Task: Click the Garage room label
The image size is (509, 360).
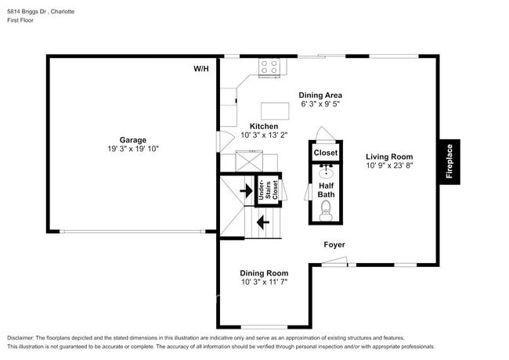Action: point(133,140)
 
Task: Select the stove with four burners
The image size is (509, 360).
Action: point(269,68)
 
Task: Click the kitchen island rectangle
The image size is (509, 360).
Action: point(274,109)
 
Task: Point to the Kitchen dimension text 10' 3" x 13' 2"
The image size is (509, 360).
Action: point(263,135)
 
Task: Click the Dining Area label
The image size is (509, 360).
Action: point(319,95)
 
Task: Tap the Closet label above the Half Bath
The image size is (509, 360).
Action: point(326,153)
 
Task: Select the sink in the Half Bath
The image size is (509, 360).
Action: point(326,171)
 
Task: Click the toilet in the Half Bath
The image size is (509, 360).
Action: point(326,208)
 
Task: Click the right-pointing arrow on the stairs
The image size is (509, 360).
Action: point(245,190)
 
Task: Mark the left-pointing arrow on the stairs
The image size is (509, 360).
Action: point(263,221)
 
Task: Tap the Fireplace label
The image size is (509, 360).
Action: point(449,162)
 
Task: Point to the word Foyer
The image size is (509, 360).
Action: point(334,245)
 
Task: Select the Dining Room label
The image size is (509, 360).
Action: point(263,273)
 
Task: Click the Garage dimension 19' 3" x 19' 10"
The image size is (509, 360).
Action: point(133,149)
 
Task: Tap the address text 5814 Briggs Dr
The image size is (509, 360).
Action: point(29,12)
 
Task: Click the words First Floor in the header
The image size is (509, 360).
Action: point(21,22)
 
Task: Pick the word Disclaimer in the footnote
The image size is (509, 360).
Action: point(23,337)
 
